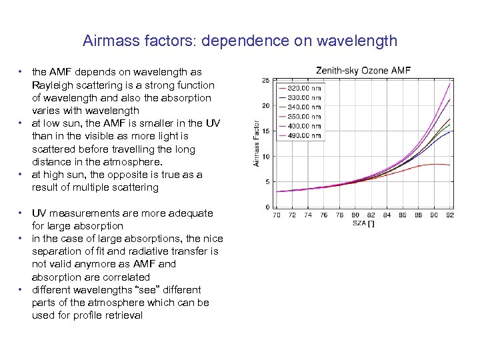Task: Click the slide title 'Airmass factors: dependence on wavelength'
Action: [x=240, y=41]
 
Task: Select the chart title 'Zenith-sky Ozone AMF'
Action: [x=363, y=70]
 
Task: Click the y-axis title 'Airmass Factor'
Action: [x=257, y=143]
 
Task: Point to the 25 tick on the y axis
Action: [x=265, y=80]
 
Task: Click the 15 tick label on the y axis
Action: [x=265, y=131]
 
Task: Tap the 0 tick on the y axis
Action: [x=267, y=207]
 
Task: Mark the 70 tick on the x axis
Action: [x=277, y=215]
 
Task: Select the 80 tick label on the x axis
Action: [x=355, y=215]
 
